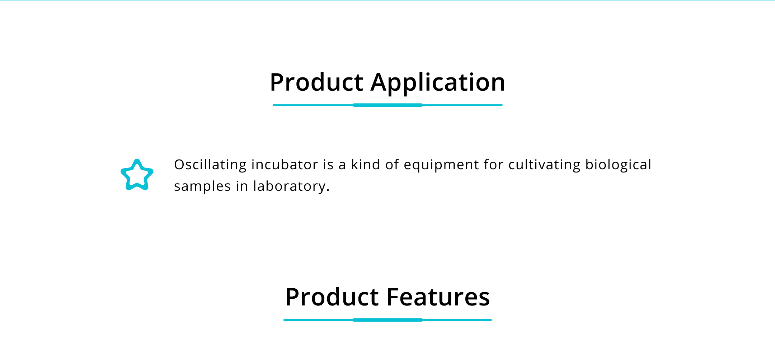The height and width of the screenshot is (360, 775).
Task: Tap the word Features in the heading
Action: tap(438, 297)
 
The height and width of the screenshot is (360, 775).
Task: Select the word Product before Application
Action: tap(317, 82)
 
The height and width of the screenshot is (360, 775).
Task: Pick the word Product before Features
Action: tap(332, 297)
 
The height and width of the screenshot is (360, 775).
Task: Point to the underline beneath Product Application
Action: tap(387, 105)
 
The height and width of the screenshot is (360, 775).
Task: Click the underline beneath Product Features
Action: tap(387, 320)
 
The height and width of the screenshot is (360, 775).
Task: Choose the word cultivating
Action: tap(544, 165)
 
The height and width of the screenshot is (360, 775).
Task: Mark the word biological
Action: tap(618, 165)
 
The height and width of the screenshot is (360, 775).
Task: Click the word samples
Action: tap(202, 186)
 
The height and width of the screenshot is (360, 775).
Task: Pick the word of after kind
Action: tap(392, 165)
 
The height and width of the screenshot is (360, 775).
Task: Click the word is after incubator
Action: tap(328, 165)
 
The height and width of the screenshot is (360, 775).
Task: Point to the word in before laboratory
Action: tap(242, 186)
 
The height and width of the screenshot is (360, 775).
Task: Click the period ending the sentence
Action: tap(328, 191)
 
